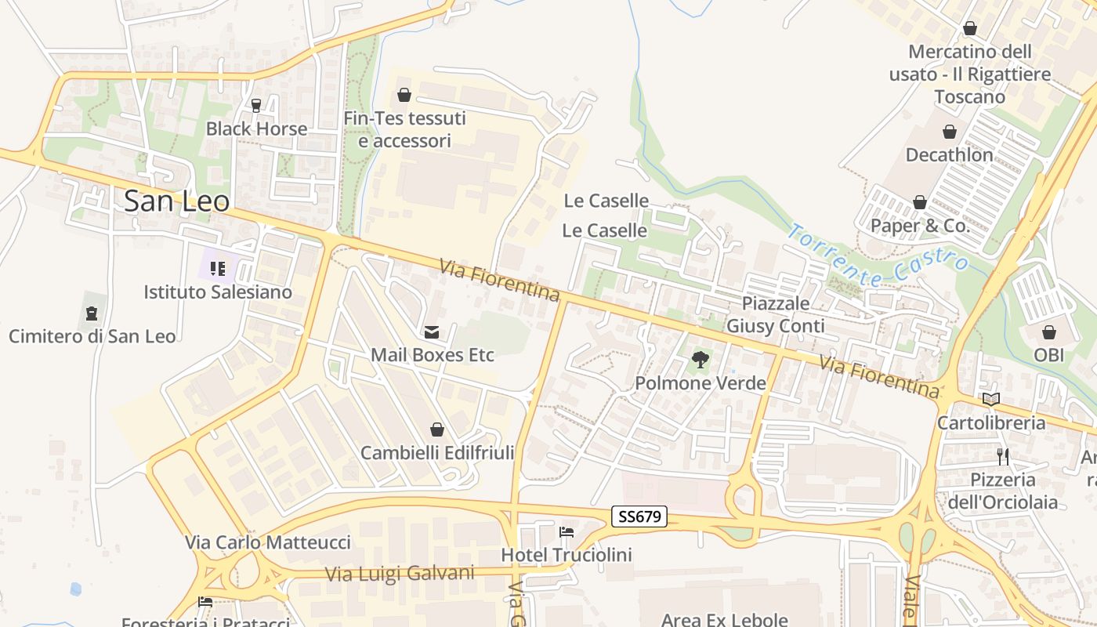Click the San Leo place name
coord(177,201)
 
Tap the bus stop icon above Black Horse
coord(255,105)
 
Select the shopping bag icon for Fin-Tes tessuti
coord(404,96)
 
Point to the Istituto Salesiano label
coord(218,292)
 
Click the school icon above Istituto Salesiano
coord(218,269)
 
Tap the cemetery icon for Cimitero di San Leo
coord(92,313)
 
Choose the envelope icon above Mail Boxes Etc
coord(432,332)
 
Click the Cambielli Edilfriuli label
coord(437,453)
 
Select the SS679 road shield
coord(639,516)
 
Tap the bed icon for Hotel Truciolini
coord(567,532)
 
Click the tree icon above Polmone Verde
coord(701,361)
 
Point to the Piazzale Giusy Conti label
coord(776,314)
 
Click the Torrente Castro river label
coord(878,256)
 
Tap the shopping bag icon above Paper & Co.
coord(920,203)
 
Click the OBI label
coord(1049,355)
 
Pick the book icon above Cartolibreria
coord(991,399)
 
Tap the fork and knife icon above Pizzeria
coord(1003,456)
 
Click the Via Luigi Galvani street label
coord(400,574)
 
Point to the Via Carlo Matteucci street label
coord(268,542)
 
